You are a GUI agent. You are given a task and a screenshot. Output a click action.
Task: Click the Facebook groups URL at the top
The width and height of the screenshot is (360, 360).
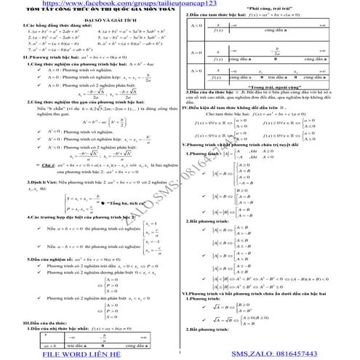103,5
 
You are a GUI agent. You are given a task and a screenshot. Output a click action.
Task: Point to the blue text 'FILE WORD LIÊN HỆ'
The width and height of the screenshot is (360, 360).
79,353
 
